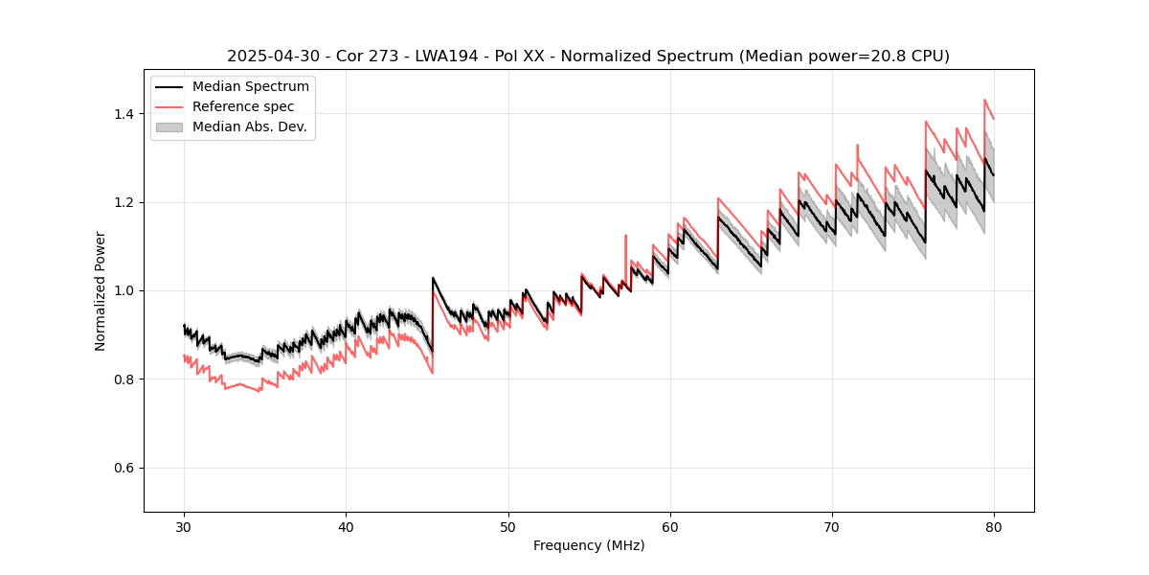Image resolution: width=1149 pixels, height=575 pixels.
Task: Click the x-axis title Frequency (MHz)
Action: click(x=589, y=545)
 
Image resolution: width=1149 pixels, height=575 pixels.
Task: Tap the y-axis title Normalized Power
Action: click(x=101, y=290)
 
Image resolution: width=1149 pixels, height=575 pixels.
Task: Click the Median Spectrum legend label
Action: click(x=251, y=87)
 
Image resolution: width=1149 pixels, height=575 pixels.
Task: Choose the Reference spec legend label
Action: click(x=243, y=106)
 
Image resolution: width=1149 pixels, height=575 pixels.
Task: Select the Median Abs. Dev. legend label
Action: click(x=250, y=126)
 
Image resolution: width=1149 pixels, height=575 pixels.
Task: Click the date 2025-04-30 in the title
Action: click(x=269, y=57)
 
